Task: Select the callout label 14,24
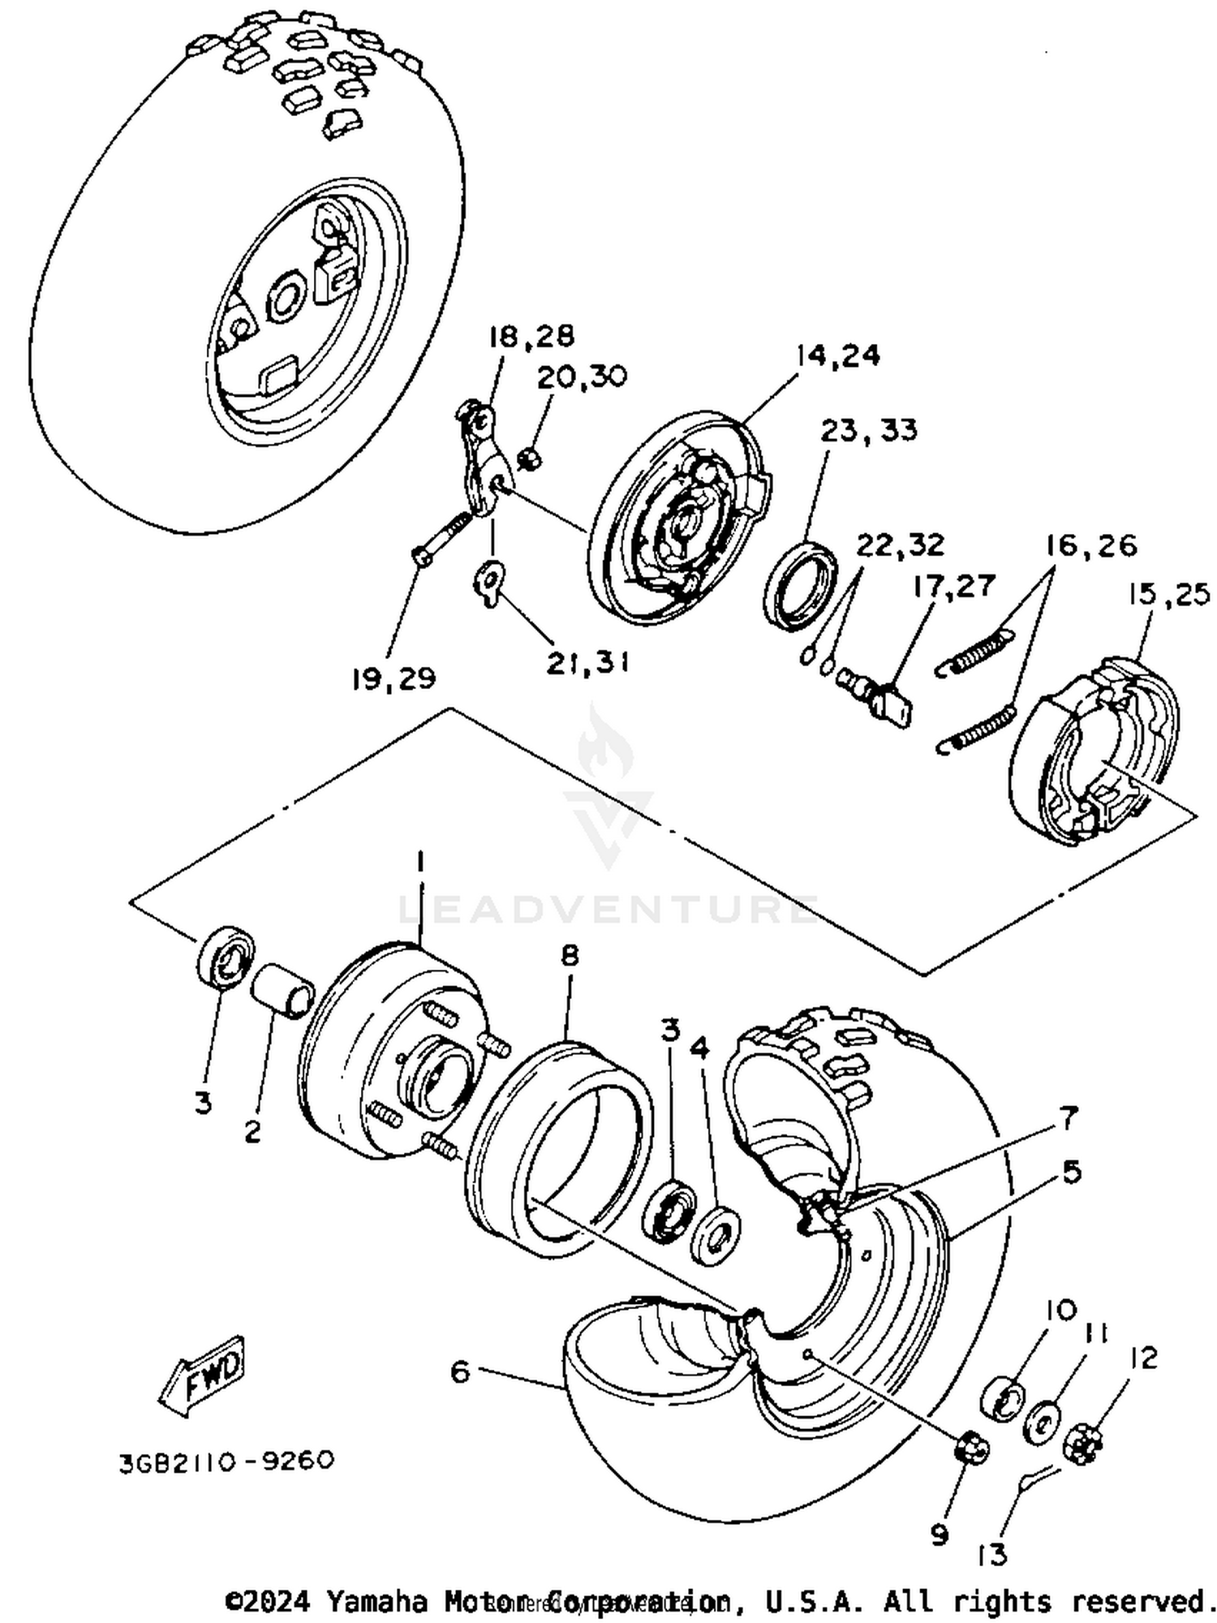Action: [x=837, y=355]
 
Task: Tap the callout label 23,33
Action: [x=868, y=430]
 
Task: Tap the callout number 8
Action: [x=570, y=956]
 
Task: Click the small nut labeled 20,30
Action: [x=530, y=459]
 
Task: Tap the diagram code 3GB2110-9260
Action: [x=226, y=1461]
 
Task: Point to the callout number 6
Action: [x=459, y=1372]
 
